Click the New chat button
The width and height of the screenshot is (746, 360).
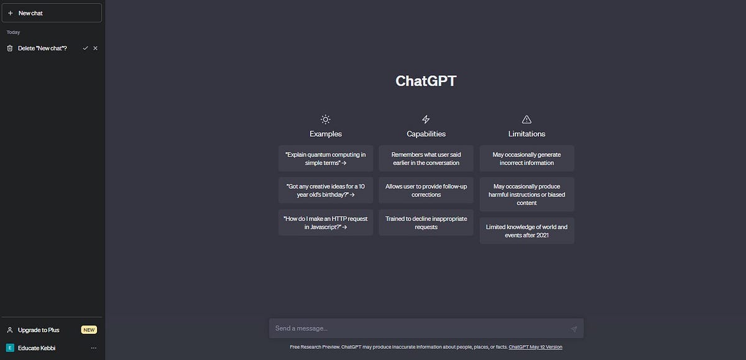point(52,13)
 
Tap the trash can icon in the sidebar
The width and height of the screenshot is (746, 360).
point(10,48)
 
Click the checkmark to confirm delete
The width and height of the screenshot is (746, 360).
point(85,48)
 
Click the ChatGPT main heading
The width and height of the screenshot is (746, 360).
point(426,81)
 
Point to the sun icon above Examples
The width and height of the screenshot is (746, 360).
point(326,119)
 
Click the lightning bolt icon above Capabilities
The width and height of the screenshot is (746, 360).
point(426,119)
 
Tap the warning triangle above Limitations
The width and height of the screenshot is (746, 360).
point(527,119)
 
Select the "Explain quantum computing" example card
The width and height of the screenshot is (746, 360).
point(326,159)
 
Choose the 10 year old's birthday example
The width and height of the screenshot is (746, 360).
point(326,190)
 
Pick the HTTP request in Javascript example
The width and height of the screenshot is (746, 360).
point(326,223)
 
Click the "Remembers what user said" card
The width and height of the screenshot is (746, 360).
point(426,159)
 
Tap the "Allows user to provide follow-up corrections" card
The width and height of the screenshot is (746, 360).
point(426,190)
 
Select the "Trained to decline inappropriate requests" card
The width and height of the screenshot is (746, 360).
point(426,223)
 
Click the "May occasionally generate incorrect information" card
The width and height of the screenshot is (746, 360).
point(527,159)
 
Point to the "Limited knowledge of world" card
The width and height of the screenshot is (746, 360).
point(527,231)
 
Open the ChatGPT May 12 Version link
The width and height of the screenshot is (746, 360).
point(535,347)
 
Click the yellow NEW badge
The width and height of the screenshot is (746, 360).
point(89,330)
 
